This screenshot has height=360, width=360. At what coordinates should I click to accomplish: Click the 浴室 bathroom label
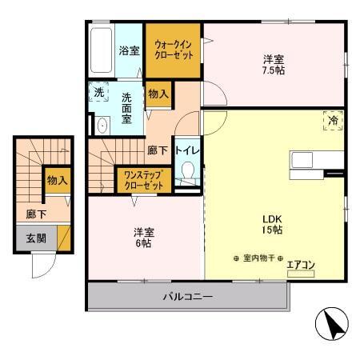click(x=129, y=50)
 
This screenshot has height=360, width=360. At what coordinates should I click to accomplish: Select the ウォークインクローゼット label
click(x=173, y=50)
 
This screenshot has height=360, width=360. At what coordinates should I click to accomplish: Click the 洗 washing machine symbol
click(x=98, y=93)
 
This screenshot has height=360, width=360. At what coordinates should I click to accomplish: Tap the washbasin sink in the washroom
click(x=102, y=126)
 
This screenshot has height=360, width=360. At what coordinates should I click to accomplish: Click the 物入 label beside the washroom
click(x=158, y=94)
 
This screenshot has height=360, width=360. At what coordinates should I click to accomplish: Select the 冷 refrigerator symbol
click(x=333, y=120)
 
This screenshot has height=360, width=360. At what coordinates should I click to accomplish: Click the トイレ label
click(x=189, y=150)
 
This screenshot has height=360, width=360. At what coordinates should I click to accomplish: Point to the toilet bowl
click(x=189, y=172)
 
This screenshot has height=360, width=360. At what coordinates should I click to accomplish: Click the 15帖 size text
click(x=274, y=230)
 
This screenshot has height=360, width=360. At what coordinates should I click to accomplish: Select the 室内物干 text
click(x=258, y=258)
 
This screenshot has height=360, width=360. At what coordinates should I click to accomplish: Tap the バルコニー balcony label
click(x=188, y=297)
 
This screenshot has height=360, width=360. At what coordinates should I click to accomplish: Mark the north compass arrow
click(x=334, y=326)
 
